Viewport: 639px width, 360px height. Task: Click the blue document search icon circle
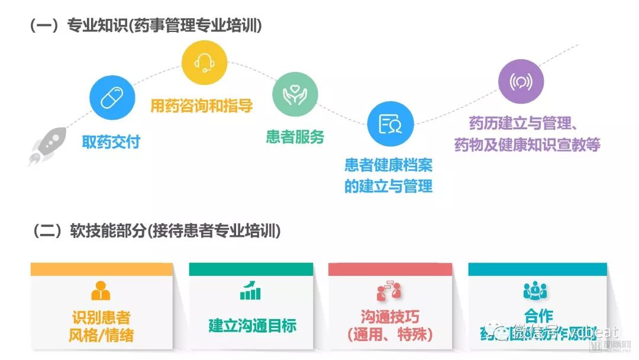coord(390,123)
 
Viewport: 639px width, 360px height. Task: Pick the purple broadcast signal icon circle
coord(521,81)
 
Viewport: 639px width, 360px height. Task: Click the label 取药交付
coord(111,142)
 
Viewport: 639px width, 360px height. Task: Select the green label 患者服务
coord(295,137)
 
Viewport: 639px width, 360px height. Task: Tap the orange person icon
coord(101,290)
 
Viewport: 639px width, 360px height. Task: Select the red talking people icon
coord(389,290)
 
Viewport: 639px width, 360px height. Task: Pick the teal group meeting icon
coord(535,290)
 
